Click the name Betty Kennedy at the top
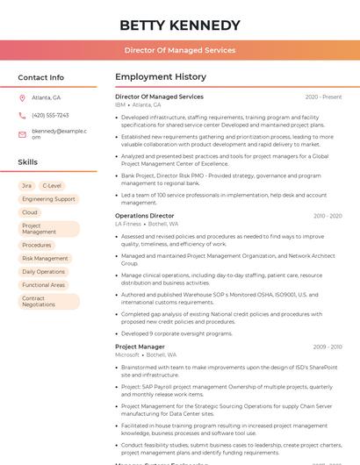(x=179, y=25)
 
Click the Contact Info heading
(x=40, y=77)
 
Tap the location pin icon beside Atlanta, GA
(x=22, y=97)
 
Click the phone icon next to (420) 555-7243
(x=22, y=115)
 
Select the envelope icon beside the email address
(x=22, y=133)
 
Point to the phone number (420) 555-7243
(x=50, y=115)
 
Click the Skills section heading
(x=28, y=162)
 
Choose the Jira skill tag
(x=26, y=186)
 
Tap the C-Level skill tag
(x=52, y=186)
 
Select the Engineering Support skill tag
(x=48, y=199)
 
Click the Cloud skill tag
(x=30, y=212)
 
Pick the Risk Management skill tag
(x=45, y=259)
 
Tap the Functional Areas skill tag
(x=44, y=285)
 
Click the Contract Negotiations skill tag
(x=40, y=301)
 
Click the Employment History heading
(x=161, y=77)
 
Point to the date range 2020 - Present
(x=323, y=97)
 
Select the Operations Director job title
(x=145, y=216)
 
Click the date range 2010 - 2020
(x=327, y=216)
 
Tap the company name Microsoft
(x=127, y=354)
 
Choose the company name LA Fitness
(x=128, y=224)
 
